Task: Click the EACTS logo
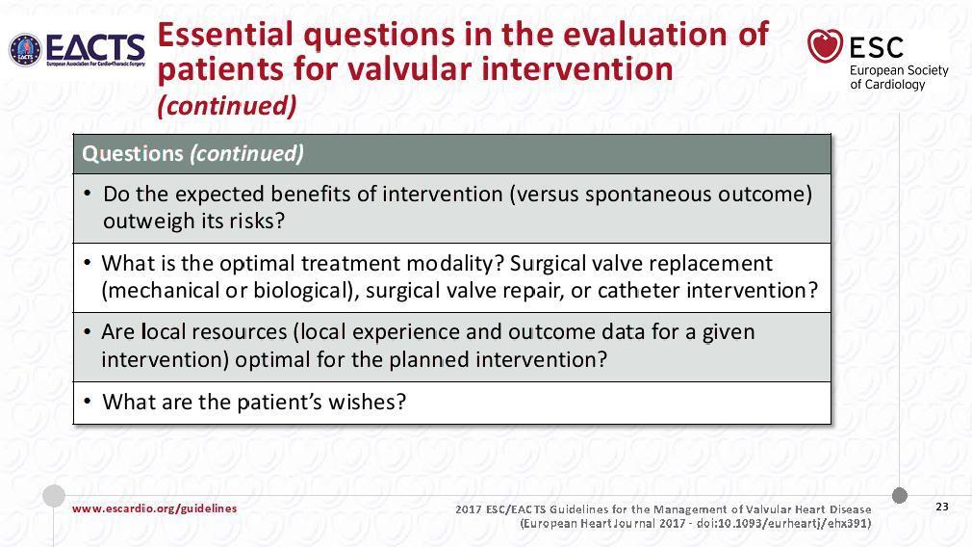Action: (x=77, y=50)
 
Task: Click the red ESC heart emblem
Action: (x=825, y=46)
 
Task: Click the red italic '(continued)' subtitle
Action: (x=227, y=105)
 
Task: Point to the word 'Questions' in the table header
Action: (x=133, y=153)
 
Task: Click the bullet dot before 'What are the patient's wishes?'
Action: (x=88, y=402)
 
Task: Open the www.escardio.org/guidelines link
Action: (x=154, y=508)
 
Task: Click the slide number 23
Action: (x=942, y=507)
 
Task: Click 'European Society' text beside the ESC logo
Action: (x=899, y=70)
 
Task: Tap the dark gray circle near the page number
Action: (x=900, y=496)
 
